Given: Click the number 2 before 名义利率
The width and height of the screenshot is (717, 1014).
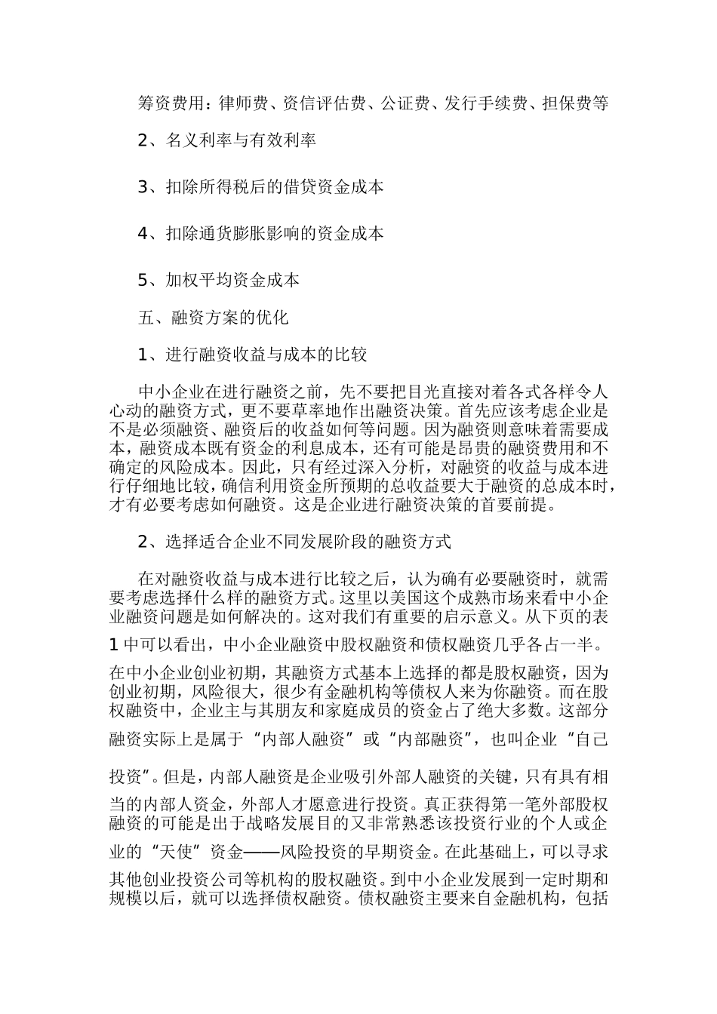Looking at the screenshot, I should coord(145,140).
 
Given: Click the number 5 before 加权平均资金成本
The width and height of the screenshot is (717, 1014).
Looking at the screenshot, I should coord(145,281).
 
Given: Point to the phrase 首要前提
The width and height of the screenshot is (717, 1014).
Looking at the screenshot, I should coord(519,505).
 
